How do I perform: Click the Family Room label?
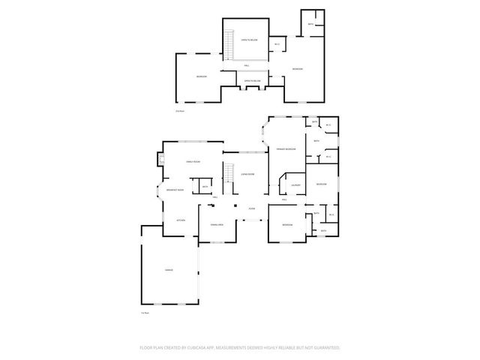point(196,163)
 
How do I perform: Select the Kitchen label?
point(181,220)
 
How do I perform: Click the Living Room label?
point(247,174)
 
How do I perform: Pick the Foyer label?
point(252,208)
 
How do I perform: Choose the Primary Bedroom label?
point(286,149)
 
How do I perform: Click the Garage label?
point(169,268)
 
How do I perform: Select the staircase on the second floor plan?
point(228,50)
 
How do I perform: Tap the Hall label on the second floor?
point(246,66)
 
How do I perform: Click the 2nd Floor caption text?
point(179,111)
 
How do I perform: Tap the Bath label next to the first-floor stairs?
point(203,187)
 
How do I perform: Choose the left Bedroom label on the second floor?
point(201,77)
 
